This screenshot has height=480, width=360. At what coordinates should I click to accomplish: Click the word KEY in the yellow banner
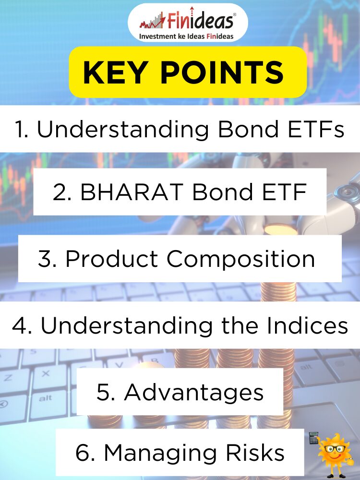(114, 72)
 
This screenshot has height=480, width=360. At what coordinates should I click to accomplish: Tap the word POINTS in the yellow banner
(222, 72)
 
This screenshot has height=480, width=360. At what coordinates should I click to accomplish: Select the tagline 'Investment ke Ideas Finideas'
(186, 36)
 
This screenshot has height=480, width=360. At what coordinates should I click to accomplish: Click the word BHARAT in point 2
(132, 192)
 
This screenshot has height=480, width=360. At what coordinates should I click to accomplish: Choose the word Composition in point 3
(240, 259)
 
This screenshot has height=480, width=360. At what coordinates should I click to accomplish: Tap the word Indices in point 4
(307, 325)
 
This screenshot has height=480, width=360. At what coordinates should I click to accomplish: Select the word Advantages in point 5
(194, 393)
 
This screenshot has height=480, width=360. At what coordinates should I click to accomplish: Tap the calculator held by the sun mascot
(313, 438)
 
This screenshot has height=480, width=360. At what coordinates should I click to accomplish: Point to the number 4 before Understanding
(19, 325)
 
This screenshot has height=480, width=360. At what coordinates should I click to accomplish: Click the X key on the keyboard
(46, 374)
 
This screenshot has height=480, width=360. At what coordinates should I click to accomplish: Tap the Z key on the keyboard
(8, 378)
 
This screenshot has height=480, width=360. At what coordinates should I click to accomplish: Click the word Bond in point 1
(248, 129)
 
